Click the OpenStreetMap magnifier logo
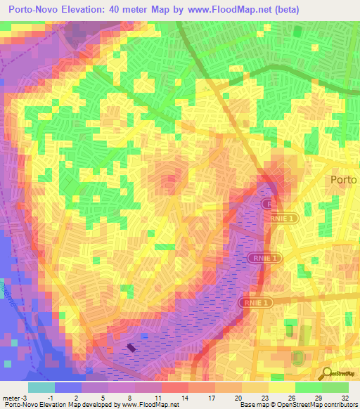pyautogui.click(x=327, y=374)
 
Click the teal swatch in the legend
pyautogui.click(x=41, y=387)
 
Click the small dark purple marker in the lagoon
pyautogui.click(x=131, y=346)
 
